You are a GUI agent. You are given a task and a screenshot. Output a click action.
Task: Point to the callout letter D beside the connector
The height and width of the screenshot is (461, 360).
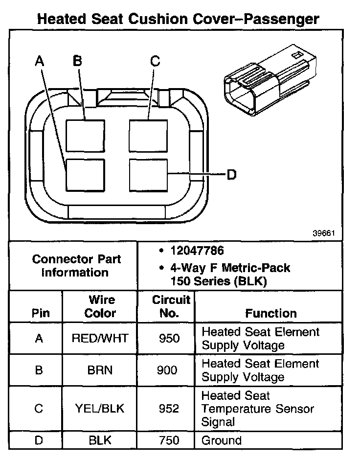[x=231, y=174]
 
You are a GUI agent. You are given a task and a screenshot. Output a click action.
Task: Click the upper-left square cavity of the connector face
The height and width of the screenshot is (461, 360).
[x=85, y=135]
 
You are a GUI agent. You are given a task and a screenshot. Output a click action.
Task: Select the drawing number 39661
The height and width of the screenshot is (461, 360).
[x=323, y=233]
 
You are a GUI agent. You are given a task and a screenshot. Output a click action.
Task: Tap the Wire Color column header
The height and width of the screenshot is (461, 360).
[x=100, y=306]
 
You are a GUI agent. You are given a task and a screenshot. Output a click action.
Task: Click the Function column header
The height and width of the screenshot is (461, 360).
[x=270, y=313]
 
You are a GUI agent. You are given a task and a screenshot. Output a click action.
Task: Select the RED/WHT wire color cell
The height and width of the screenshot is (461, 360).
[x=100, y=338]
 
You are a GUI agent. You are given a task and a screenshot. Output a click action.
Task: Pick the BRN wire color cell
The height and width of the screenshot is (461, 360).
[x=100, y=370]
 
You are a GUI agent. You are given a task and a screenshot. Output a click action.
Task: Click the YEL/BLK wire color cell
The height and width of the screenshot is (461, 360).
[x=100, y=408]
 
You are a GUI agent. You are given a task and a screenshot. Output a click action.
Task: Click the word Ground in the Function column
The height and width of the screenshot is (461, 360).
[x=222, y=440]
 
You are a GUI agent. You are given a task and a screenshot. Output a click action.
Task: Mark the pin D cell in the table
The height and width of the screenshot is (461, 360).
[x=39, y=440]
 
